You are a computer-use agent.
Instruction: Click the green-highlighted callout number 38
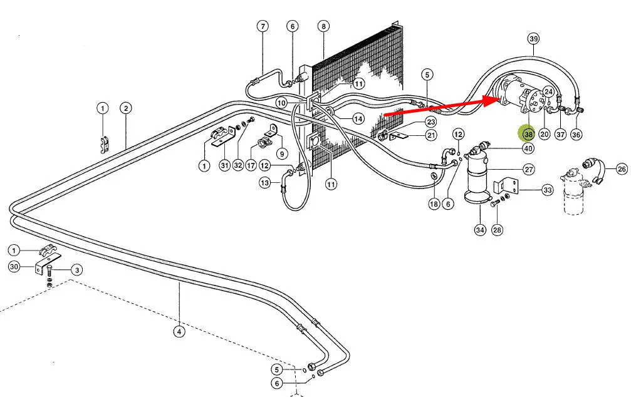528,134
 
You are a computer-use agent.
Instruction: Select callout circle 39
533,39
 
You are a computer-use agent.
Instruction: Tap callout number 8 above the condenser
323,26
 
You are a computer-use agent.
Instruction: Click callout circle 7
263,26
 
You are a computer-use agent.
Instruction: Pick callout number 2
126,108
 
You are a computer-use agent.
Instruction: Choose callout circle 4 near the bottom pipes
180,332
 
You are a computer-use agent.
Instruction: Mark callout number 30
14,267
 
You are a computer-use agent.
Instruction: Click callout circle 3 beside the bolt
76,271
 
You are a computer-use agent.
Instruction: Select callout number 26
622,168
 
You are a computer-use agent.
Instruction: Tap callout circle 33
547,190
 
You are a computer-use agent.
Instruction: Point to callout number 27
528,169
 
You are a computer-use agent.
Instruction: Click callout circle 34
480,230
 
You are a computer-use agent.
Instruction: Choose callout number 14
358,118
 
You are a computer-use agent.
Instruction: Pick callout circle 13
265,183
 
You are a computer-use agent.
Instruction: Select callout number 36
576,134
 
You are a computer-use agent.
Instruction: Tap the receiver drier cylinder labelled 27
481,182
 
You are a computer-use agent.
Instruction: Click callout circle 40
528,148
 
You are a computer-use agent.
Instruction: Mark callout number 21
431,135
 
